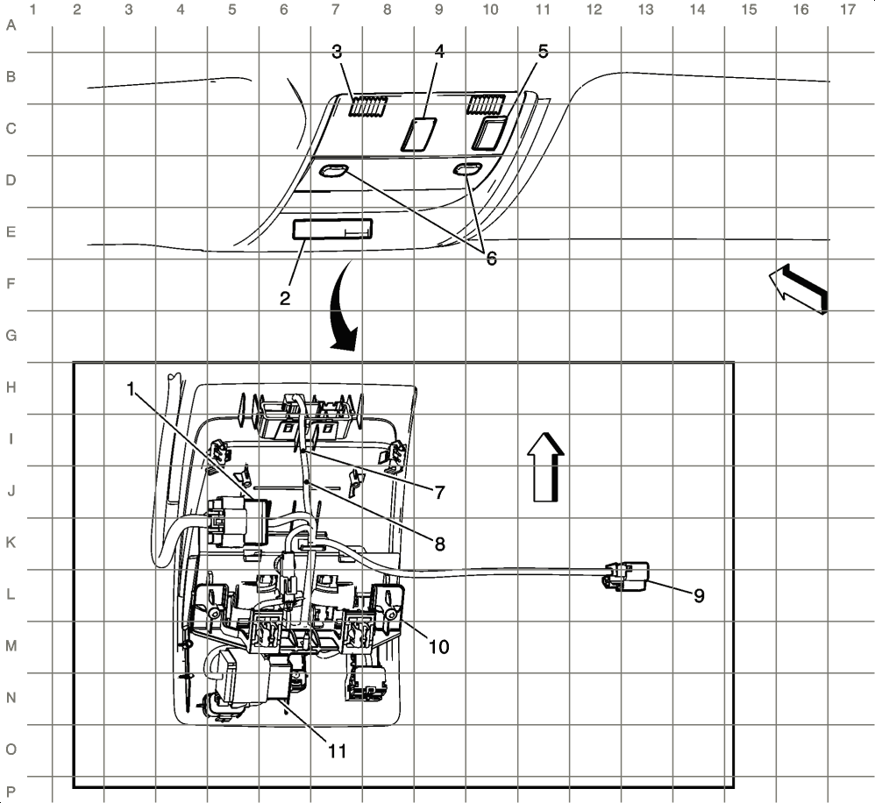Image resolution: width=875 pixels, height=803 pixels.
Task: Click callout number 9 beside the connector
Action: pyautogui.click(x=699, y=595)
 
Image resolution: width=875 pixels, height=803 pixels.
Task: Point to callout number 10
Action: pyautogui.click(x=438, y=646)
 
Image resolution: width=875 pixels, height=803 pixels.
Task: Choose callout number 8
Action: pyautogui.click(x=438, y=543)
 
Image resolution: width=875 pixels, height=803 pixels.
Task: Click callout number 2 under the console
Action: pyautogui.click(x=285, y=298)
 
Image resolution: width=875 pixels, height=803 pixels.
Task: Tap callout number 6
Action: pyautogui.click(x=491, y=259)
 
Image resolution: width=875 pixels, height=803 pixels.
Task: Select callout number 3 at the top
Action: pyautogui.click(x=337, y=52)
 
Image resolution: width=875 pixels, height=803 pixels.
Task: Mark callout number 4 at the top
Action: pyautogui.click(x=439, y=52)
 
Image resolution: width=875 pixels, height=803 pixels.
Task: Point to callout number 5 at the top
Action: pyautogui.click(x=543, y=52)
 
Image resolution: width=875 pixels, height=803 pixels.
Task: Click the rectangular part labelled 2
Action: pyautogui.click(x=331, y=231)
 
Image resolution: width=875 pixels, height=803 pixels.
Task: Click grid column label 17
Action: pyautogui.click(x=847, y=11)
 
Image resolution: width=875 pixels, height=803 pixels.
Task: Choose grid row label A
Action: pyautogui.click(x=11, y=25)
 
